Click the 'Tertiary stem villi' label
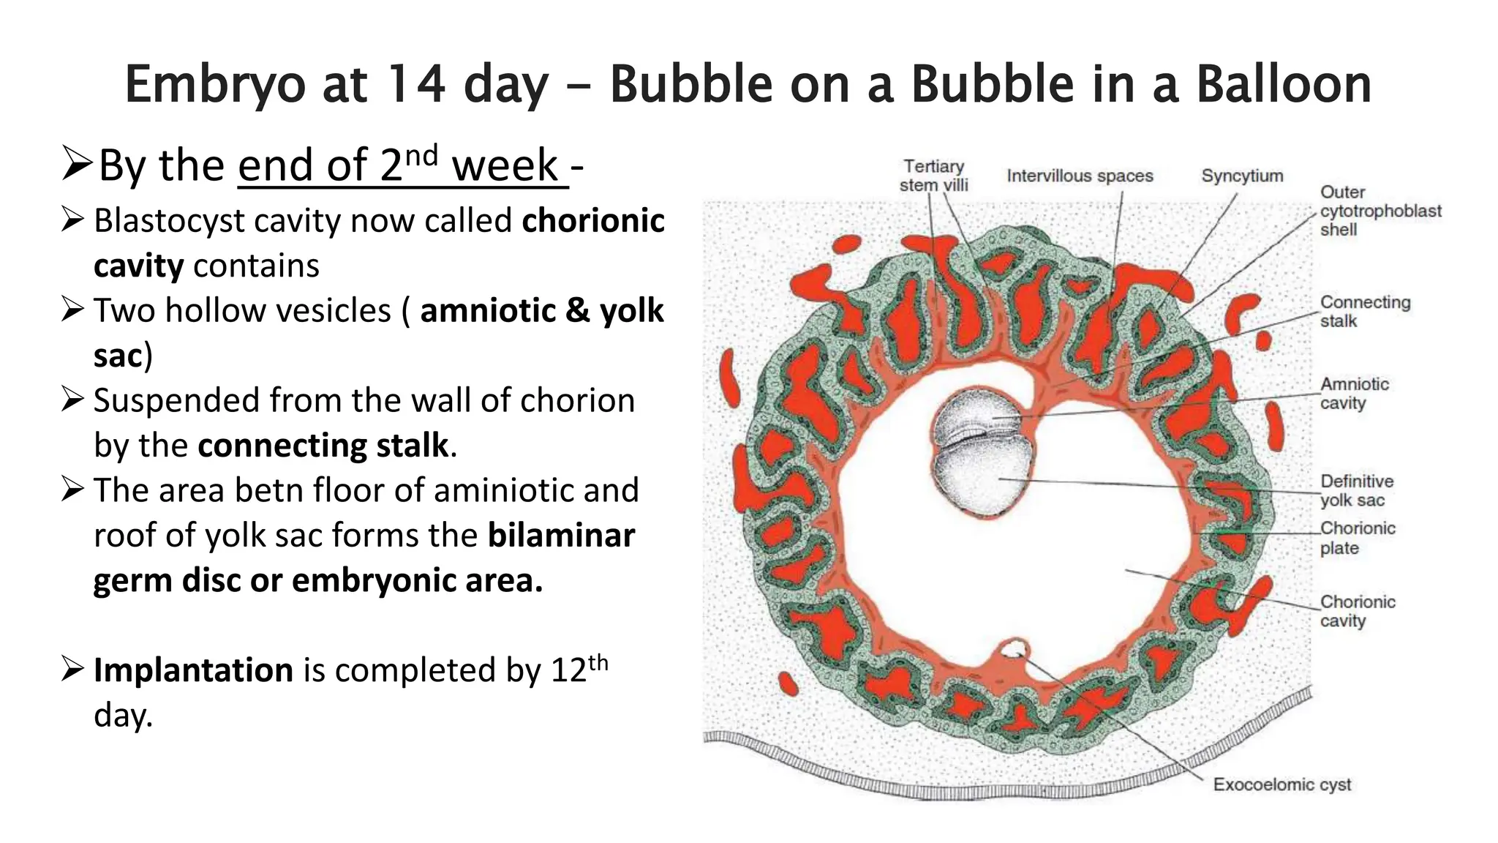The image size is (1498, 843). point(933,176)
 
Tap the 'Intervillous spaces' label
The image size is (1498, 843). point(1079,176)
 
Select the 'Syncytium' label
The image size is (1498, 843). point(1242,176)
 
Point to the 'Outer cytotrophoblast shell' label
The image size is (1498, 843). point(1380,211)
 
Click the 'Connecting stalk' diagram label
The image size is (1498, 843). point(1365,311)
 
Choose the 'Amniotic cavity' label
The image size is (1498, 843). point(1354,393)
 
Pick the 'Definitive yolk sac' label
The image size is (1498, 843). point(1356,490)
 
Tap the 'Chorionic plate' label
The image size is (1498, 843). point(1358,538)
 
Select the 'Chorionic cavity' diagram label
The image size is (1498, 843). point(1358,611)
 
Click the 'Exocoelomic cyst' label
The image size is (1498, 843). point(1281,784)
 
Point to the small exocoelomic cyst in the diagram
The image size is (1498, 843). point(1013,648)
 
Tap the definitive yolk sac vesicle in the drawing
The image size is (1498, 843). point(980,479)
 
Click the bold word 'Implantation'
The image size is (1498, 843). point(193,670)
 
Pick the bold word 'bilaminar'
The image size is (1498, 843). point(561,535)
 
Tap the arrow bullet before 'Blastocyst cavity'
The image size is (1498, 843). point(73,220)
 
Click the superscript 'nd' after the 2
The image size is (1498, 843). point(422,155)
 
